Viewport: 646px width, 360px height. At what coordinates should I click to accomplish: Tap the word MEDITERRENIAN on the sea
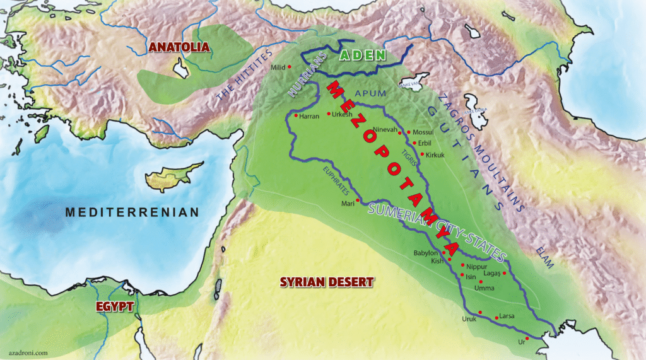point(132,212)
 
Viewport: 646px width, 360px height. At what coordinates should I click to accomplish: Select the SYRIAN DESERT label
point(327,282)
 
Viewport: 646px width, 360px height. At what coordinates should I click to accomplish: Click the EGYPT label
point(115,306)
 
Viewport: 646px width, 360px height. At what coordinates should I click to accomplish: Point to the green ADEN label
point(362,55)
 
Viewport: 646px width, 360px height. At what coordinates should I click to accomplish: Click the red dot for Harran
point(296,115)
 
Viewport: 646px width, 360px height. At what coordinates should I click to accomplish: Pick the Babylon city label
point(425,253)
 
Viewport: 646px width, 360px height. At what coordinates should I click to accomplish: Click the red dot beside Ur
point(527,339)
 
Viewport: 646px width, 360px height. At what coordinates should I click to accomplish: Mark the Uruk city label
point(469,319)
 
